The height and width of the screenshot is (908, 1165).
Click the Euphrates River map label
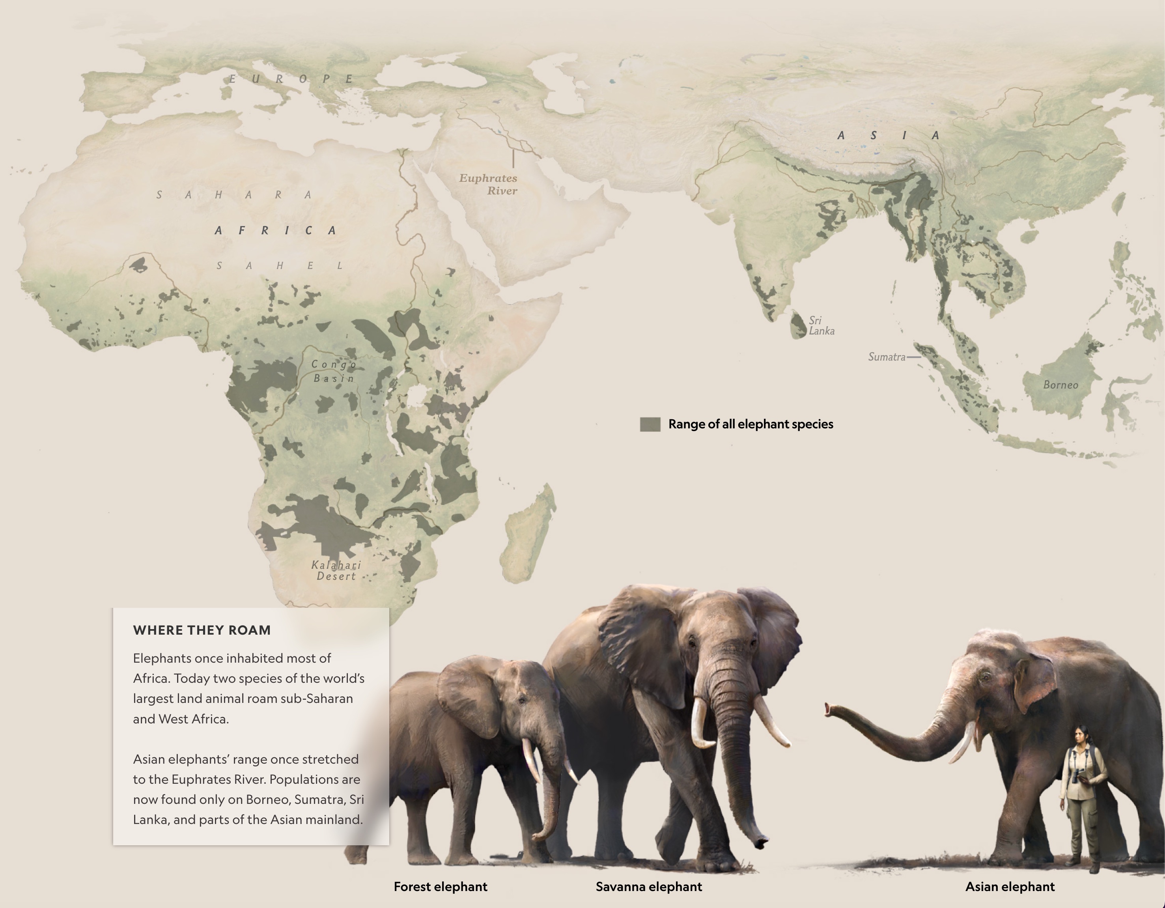(x=488, y=184)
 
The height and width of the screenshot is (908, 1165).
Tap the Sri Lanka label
(x=821, y=325)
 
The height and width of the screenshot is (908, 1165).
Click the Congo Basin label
(x=334, y=371)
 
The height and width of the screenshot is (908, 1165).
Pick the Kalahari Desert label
(x=336, y=570)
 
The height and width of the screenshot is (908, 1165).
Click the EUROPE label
(x=291, y=79)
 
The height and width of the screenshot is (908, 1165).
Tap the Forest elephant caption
(x=440, y=887)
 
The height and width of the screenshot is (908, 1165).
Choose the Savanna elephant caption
(x=649, y=887)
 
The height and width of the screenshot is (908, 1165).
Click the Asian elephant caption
(x=1010, y=887)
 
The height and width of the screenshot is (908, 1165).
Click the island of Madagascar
(x=528, y=534)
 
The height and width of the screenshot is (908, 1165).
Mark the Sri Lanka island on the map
(x=798, y=325)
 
